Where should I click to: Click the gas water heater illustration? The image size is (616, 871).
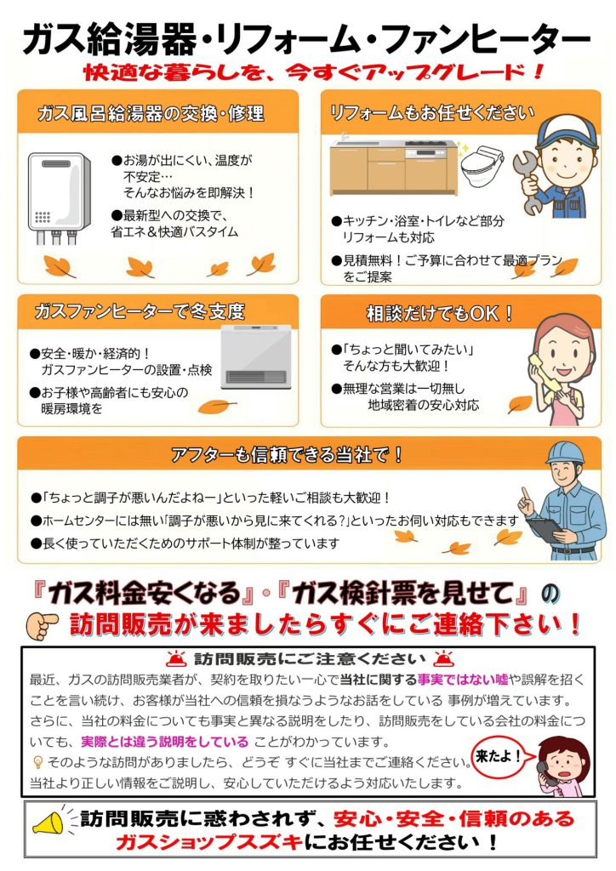(60, 198)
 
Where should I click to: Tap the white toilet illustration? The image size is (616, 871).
(481, 168)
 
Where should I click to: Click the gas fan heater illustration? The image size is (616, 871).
(256, 357)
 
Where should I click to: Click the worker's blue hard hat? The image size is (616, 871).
(567, 453)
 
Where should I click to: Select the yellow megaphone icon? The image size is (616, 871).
(49, 822)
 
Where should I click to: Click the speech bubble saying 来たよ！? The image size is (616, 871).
(499, 756)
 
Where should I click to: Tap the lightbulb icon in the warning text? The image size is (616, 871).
(37, 761)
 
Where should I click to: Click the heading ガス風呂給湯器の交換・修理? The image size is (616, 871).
(151, 113)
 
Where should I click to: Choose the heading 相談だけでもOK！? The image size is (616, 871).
(439, 313)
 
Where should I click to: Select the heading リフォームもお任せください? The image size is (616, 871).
(431, 113)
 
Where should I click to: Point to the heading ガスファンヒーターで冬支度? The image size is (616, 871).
(140, 311)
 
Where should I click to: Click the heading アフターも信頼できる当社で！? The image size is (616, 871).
(287, 455)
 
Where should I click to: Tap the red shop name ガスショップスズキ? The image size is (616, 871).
(209, 843)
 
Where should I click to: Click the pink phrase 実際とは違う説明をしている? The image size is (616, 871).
(164, 742)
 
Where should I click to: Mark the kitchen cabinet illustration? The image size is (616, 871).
(394, 166)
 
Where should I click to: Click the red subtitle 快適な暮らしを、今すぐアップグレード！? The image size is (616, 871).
(313, 72)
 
